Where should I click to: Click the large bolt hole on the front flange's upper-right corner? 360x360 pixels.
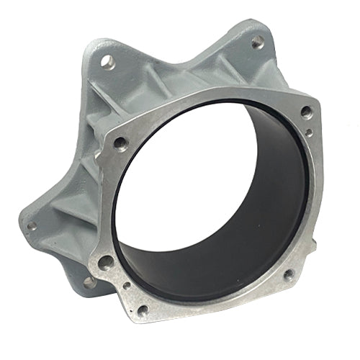(306, 112)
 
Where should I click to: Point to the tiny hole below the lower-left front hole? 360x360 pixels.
(127, 285)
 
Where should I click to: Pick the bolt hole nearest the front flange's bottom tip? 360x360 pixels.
(143, 310)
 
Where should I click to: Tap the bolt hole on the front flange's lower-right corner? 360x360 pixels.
(288, 274)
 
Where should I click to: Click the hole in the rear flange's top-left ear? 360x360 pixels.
(108, 63)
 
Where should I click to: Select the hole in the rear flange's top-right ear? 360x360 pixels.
(257, 41)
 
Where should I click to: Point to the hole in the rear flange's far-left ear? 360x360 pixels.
(32, 225)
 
